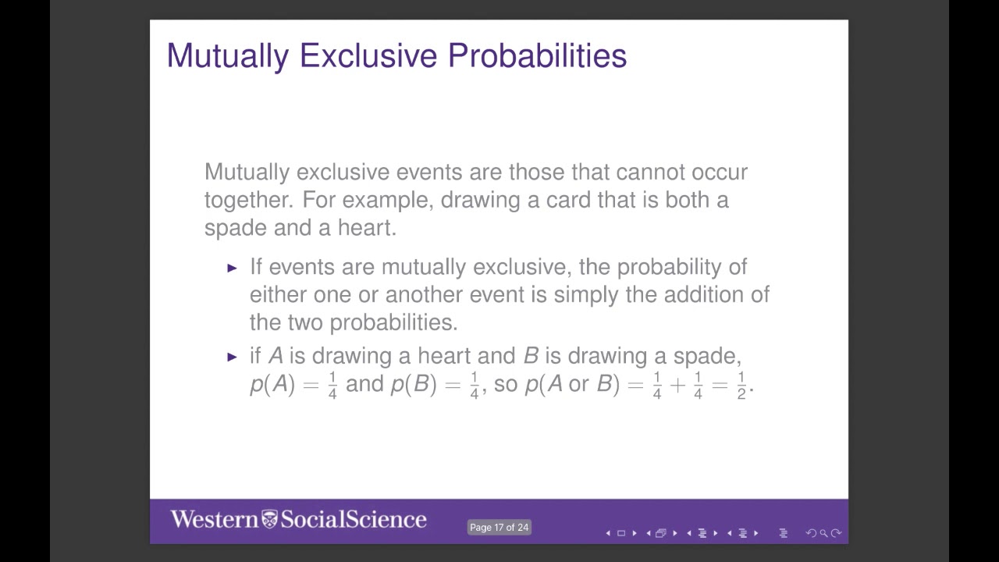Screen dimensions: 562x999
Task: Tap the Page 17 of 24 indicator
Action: click(499, 528)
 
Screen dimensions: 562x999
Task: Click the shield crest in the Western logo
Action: click(269, 520)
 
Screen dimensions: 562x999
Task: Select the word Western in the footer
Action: click(214, 520)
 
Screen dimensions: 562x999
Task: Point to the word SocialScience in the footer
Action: click(354, 520)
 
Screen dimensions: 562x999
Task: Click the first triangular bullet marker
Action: click(232, 268)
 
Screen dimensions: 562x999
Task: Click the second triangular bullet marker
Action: click(232, 357)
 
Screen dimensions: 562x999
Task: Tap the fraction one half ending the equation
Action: click(741, 385)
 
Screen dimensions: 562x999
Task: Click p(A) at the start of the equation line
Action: click(272, 384)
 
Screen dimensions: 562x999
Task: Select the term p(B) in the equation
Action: click(413, 384)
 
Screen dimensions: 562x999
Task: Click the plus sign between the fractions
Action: click(677, 385)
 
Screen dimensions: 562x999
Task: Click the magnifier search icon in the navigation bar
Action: click(823, 534)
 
